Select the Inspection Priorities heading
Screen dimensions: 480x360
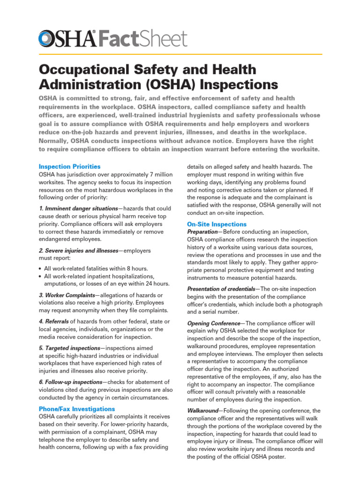(69, 166)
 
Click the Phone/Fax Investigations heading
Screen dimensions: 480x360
(76, 409)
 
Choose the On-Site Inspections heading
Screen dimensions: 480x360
(217, 224)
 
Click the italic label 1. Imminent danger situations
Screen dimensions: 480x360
(78, 208)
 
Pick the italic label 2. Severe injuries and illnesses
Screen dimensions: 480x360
(78, 251)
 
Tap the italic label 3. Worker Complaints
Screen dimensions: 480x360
(67, 295)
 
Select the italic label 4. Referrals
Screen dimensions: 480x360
(53, 321)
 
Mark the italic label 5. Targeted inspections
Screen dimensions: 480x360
(69, 348)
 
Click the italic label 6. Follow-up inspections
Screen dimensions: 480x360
(70, 382)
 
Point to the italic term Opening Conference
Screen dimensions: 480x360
(213, 323)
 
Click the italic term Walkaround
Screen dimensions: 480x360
(202, 411)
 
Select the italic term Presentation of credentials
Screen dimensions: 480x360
(221, 289)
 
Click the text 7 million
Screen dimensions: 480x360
(158, 174)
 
